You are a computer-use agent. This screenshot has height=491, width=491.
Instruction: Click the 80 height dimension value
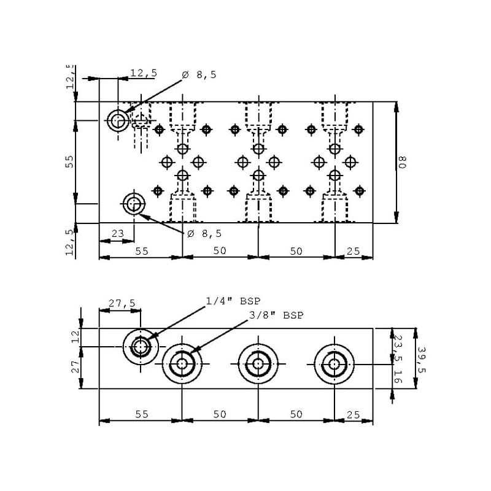pyautogui.click(x=403, y=163)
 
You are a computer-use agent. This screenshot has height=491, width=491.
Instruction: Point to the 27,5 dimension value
pyautogui.click(x=121, y=303)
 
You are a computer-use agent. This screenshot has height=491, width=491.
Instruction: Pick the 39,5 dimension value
pyautogui.click(x=421, y=358)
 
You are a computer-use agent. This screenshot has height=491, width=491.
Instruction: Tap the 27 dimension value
pyautogui.click(x=75, y=367)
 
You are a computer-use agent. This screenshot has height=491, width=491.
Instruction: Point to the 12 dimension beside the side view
pyautogui.click(x=75, y=336)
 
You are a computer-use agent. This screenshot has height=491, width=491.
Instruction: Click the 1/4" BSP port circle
pyautogui.click(x=141, y=347)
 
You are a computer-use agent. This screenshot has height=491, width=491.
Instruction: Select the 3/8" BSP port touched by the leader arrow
pyautogui.click(x=182, y=364)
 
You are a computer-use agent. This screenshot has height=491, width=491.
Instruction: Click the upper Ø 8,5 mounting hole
pyautogui.click(x=117, y=120)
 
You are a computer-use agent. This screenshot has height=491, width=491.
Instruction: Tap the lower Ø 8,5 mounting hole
pyautogui.click(x=134, y=203)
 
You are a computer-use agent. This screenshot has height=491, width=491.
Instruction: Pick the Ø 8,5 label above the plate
pyautogui.click(x=199, y=75)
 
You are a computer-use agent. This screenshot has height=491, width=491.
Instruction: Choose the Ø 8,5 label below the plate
pyautogui.click(x=204, y=233)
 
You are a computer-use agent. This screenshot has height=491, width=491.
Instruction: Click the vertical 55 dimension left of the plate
pyautogui.click(x=69, y=161)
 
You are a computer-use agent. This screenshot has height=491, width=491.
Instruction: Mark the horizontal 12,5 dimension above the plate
pyautogui.click(x=144, y=73)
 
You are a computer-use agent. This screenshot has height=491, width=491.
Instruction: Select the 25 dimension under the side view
pyautogui.click(x=354, y=414)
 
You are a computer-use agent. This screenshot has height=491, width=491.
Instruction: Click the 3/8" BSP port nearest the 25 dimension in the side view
pyautogui.click(x=334, y=364)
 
